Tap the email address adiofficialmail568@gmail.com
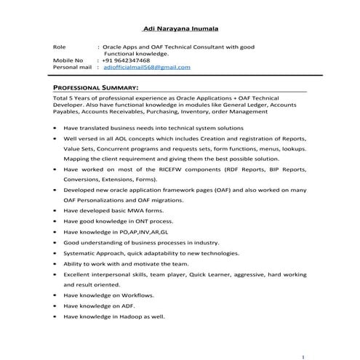[147, 67]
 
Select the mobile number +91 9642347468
[132, 60]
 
